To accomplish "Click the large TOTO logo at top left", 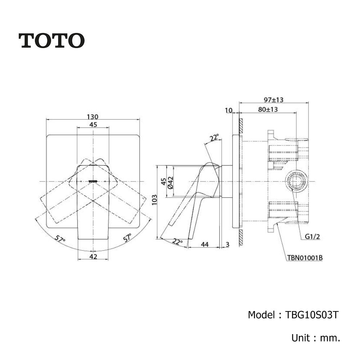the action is [51, 41].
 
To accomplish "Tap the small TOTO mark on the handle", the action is [93, 181].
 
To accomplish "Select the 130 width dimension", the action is [93, 117].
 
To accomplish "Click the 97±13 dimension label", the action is [274, 100].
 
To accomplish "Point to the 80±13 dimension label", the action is [268, 109].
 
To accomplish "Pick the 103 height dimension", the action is [154, 200].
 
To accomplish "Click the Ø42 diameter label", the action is [170, 183].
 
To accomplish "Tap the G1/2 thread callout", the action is [312, 237].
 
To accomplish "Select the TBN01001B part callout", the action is [305, 258].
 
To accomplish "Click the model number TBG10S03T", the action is [311, 315].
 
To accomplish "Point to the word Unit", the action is [301, 338].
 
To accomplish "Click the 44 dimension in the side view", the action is [205, 244].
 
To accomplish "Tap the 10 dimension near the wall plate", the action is [229, 111].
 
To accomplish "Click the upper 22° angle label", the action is [214, 138].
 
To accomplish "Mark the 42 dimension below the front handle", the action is [93, 256].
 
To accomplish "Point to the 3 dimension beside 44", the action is [227, 244].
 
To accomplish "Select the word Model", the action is [261, 315].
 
